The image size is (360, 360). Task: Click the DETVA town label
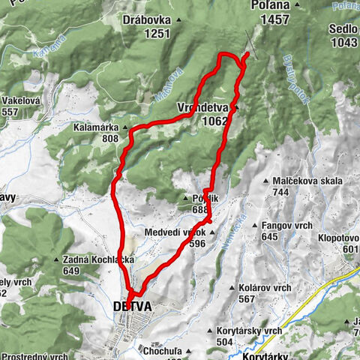point(131,307)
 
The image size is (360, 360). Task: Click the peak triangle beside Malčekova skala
point(267,181)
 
